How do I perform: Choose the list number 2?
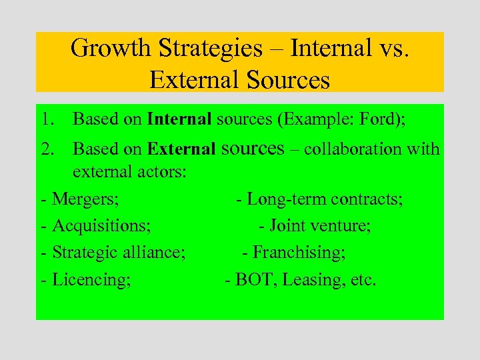[45, 149]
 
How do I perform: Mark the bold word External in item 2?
[182, 149]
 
